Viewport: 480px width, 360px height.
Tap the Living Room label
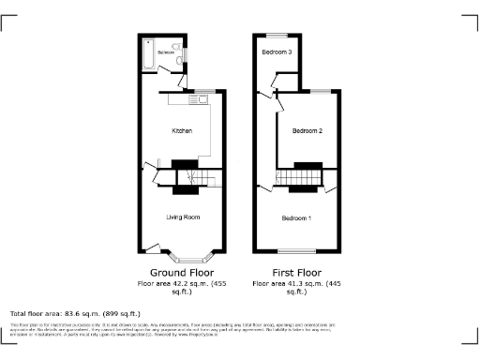[184, 217]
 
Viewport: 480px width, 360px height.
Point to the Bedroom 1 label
[297, 217]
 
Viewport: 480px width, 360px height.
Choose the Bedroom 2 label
[307, 130]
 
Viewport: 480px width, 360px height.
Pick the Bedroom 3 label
[277, 52]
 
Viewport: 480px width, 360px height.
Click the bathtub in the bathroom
[149, 55]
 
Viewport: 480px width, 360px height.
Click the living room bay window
[195, 254]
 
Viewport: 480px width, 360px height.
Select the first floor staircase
[302, 177]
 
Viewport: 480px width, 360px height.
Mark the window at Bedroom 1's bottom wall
[297, 250]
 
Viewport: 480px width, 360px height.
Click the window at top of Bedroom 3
[277, 35]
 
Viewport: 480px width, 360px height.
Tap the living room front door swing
[150, 247]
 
